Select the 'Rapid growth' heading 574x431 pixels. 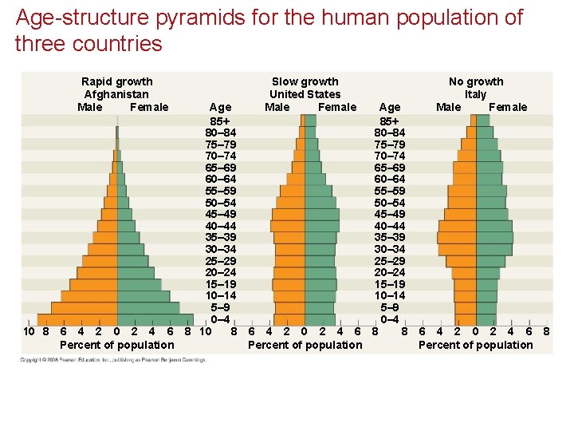point(117,81)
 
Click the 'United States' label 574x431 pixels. point(305,94)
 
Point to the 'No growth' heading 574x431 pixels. point(476,81)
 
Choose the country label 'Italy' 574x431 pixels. point(476,94)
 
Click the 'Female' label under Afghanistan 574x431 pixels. point(149,107)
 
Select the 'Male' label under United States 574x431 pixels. point(277,107)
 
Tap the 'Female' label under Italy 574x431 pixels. point(508,107)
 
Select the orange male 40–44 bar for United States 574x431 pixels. point(288,226)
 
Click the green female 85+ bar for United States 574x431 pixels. point(310,121)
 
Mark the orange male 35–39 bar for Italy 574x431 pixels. point(456,238)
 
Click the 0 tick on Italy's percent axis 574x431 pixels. point(475,331)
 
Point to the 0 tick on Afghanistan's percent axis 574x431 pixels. point(116,331)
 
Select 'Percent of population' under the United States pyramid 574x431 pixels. point(305,345)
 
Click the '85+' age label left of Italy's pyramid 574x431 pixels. point(390,121)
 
